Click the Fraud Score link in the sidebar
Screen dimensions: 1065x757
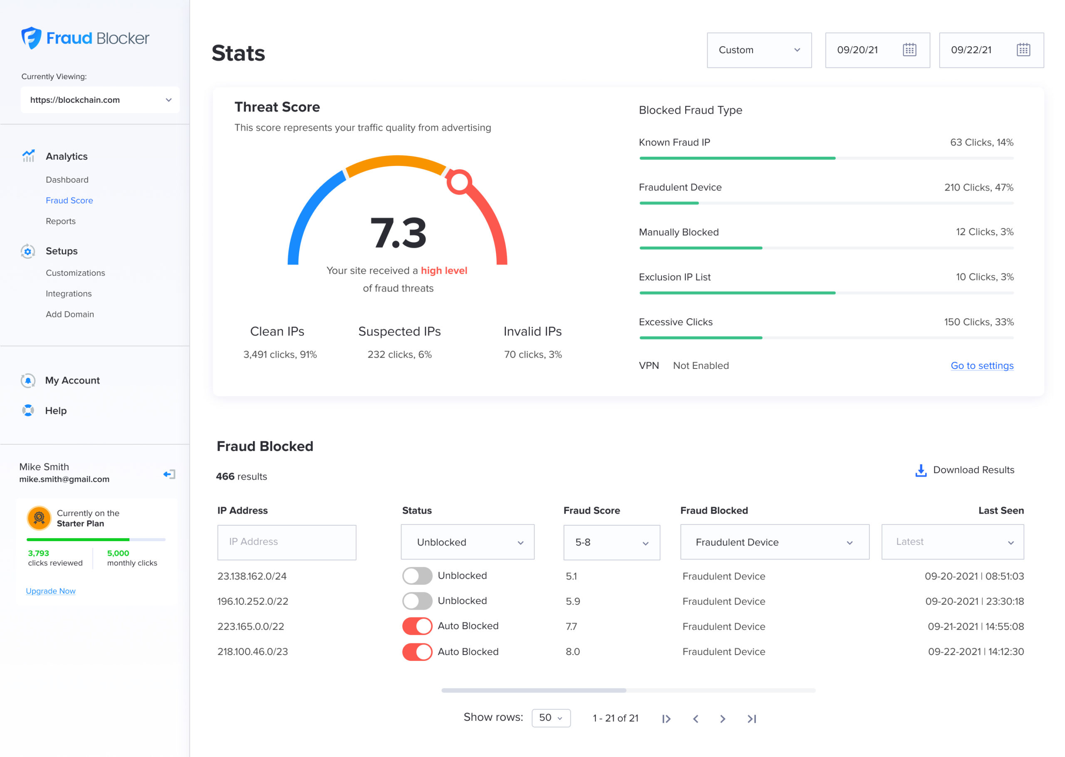point(69,200)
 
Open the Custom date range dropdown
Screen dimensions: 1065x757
point(759,50)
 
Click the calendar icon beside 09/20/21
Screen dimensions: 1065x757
point(909,50)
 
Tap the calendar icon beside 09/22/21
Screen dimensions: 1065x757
point(1023,50)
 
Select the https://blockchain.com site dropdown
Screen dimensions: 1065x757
point(100,100)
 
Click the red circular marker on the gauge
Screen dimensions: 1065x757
point(459,182)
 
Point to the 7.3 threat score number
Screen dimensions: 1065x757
point(398,233)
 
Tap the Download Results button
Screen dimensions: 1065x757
point(964,470)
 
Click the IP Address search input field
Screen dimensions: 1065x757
point(287,542)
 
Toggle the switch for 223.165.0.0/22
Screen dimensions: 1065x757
point(417,626)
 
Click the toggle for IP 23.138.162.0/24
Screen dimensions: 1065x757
point(417,576)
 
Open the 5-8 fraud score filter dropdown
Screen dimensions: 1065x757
point(612,542)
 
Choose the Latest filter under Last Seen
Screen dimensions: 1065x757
point(952,542)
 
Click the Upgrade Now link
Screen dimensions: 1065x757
point(51,591)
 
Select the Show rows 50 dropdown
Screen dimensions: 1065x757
point(551,718)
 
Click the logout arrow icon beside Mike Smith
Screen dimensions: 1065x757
point(169,475)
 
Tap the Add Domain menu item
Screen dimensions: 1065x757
point(70,314)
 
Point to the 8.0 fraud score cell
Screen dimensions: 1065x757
point(573,652)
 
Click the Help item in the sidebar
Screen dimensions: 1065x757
point(55,411)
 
